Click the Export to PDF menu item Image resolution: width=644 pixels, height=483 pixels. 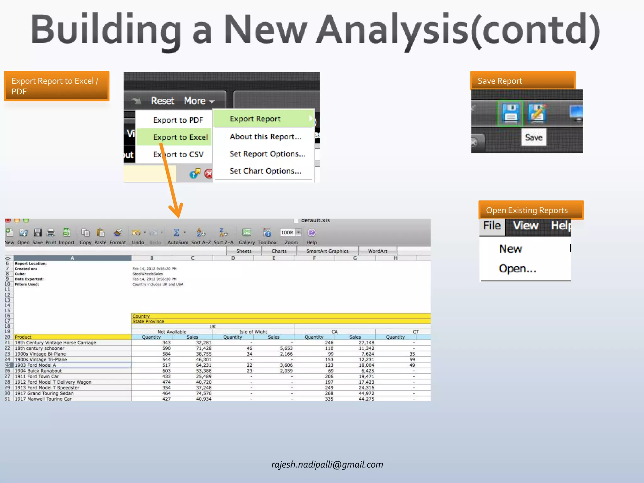point(178,120)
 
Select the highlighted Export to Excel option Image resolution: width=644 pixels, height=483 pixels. point(180,137)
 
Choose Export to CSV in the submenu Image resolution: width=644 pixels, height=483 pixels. point(178,154)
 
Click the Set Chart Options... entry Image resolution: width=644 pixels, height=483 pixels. point(265,171)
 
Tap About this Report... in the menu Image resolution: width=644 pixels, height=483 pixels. point(265,137)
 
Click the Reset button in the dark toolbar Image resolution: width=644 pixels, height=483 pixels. point(162,101)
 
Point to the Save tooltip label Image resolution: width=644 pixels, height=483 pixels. point(534,137)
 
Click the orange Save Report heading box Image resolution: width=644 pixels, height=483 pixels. point(522,81)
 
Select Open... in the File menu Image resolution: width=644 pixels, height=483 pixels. point(517,269)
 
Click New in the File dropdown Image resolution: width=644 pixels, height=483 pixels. point(510,249)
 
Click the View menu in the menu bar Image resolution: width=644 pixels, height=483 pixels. point(525,226)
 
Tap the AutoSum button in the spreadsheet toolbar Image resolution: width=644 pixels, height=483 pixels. point(177,236)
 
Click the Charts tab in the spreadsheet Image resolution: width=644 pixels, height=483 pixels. point(279,251)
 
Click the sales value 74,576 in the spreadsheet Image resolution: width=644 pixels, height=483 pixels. point(203,393)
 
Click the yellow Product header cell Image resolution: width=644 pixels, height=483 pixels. point(72,337)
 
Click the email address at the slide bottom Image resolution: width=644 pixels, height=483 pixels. point(327,464)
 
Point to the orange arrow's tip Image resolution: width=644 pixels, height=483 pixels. point(178,217)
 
